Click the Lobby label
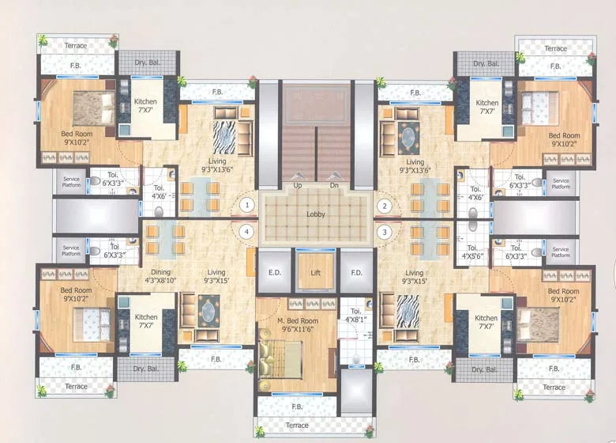coord(316,214)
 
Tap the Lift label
coord(316,272)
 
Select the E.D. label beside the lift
coord(274,272)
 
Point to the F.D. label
coord(356,272)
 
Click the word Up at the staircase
coord(298,186)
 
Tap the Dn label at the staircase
coord(334,186)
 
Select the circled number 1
coord(247,205)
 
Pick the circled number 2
coord(385,205)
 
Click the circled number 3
coord(385,232)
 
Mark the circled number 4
coord(247,232)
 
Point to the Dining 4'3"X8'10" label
coord(160,276)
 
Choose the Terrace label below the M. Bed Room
coord(297,425)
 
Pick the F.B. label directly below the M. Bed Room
coord(297,407)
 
